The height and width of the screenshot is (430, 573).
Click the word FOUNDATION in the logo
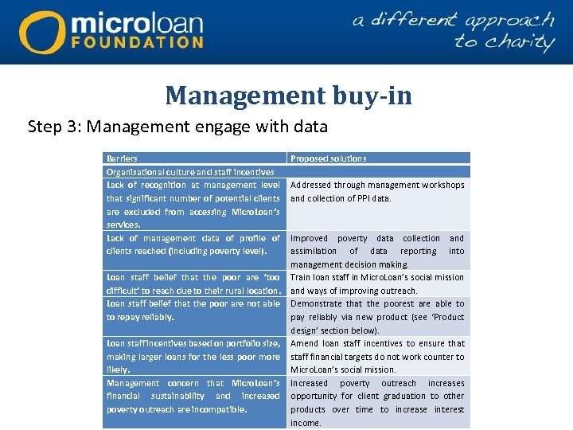(x=137, y=41)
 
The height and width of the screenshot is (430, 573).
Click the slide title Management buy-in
(x=288, y=96)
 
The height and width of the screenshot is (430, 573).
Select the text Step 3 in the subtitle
(x=54, y=127)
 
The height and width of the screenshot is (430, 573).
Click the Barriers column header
(x=122, y=158)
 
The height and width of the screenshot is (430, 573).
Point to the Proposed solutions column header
(x=329, y=158)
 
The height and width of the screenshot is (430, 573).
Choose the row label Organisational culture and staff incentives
(x=190, y=171)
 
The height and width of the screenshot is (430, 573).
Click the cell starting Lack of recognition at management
(x=193, y=205)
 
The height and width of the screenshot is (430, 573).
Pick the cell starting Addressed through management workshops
(x=377, y=192)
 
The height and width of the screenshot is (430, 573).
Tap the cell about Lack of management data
(x=193, y=244)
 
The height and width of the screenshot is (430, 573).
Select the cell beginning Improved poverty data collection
(x=377, y=251)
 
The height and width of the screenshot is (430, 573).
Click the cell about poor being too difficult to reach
(x=193, y=283)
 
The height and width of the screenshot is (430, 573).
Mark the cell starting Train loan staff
(x=377, y=283)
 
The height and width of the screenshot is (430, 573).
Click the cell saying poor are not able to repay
(x=193, y=310)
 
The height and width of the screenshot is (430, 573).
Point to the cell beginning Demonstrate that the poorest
(x=377, y=316)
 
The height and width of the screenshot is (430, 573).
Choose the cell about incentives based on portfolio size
(x=193, y=356)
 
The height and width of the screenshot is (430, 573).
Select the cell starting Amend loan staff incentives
(x=377, y=356)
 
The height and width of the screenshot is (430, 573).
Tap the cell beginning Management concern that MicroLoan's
(x=193, y=396)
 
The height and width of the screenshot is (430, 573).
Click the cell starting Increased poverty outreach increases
(x=377, y=402)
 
